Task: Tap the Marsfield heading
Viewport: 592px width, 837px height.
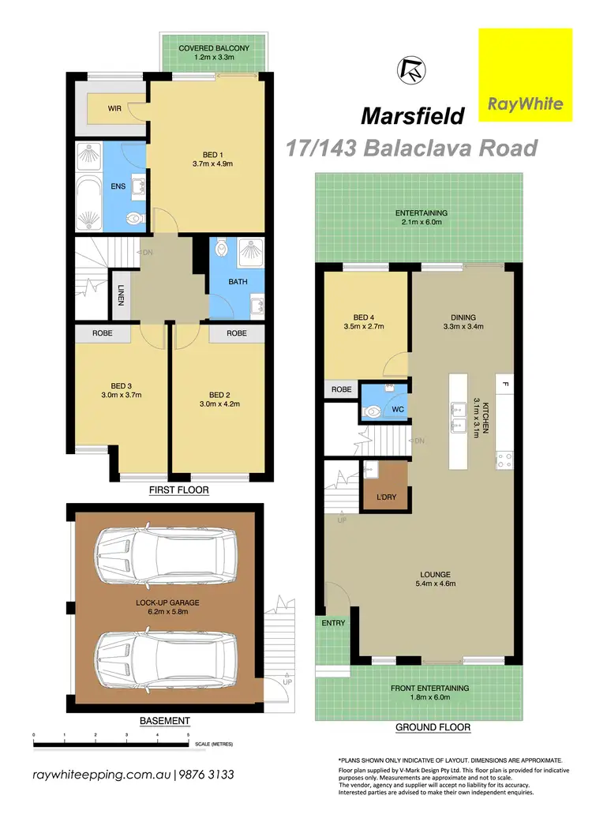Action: (x=413, y=116)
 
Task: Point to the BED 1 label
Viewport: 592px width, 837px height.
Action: (x=211, y=155)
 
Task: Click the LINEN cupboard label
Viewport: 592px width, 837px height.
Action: (x=121, y=295)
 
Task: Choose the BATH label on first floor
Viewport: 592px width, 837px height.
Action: (x=237, y=280)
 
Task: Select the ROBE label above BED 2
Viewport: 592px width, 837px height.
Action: (x=237, y=333)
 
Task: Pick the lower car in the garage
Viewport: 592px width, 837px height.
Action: (x=163, y=655)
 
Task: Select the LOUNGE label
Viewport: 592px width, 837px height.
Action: (x=435, y=574)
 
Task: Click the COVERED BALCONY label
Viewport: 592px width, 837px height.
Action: (x=214, y=48)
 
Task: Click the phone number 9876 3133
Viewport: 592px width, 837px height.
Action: (x=204, y=775)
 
